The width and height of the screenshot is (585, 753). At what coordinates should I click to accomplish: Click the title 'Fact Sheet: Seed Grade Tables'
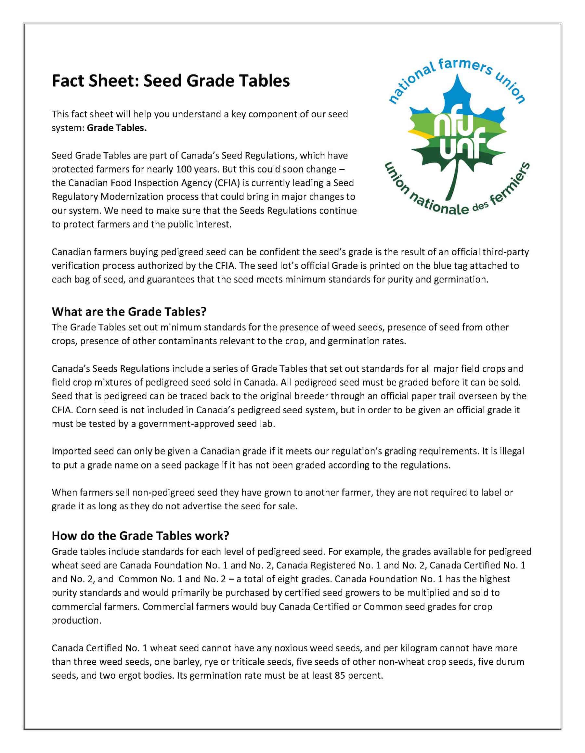pyautogui.click(x=170, y=81)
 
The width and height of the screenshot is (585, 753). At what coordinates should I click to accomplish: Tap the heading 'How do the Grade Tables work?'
pyautogui.click(x=140, y=535)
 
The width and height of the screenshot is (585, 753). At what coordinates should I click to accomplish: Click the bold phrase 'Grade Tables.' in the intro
pyautogui.click(x=117, y=128)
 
